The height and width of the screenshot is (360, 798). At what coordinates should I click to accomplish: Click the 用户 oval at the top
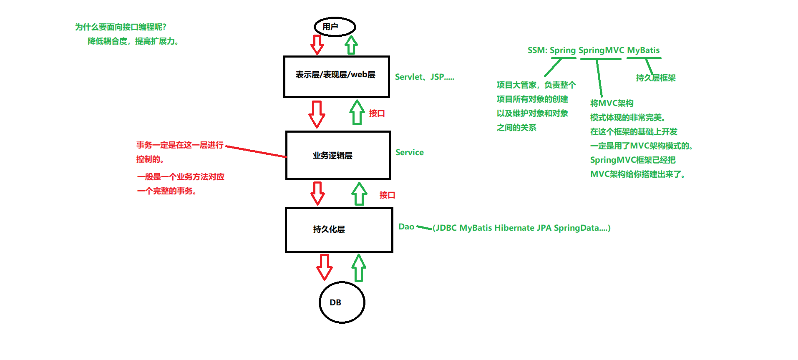pyautogui.click(x=335, y=27)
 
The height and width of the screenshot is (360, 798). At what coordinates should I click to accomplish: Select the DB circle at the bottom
pyautogui.click(x=342, y=302)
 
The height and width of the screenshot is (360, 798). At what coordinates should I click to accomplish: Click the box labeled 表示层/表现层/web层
pyautogui.click(x=336, y=77)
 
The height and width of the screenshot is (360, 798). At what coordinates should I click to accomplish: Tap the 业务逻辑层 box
pyautogui.click(x=338, y=156)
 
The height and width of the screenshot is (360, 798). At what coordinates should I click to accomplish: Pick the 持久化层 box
pyautogui.click(x=339, y=230)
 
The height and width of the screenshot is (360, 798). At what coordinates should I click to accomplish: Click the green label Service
pyautogui.click(x=409, y=153)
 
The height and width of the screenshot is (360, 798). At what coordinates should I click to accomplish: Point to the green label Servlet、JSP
pyautogui.click(x=424, y=77)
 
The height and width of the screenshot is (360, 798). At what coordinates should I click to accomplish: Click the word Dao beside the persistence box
pyautogui.click(x=406, y=227)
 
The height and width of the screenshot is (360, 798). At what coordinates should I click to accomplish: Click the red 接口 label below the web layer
pyautogui.click(x=377, y=113)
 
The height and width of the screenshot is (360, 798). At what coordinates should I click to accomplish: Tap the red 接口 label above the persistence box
pyautogui.click(x=387, y=195)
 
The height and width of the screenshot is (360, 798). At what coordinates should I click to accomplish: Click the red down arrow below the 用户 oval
pyautogui.click(x=317, y=44)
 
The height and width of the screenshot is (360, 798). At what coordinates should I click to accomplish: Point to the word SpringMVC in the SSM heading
pyautogui.click(x=601, y=50)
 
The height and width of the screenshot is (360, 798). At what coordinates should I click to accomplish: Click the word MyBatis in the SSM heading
pyautogui.click(x=643, y=50)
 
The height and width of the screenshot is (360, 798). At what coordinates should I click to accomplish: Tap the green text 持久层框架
pyautogui.click(x=655, y=78)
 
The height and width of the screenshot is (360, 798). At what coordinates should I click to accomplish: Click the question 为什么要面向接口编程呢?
pyautogui.click(x=121, y=27)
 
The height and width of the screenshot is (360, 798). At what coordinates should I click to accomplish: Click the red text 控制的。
pyautogui.click(x=150, y=159)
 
